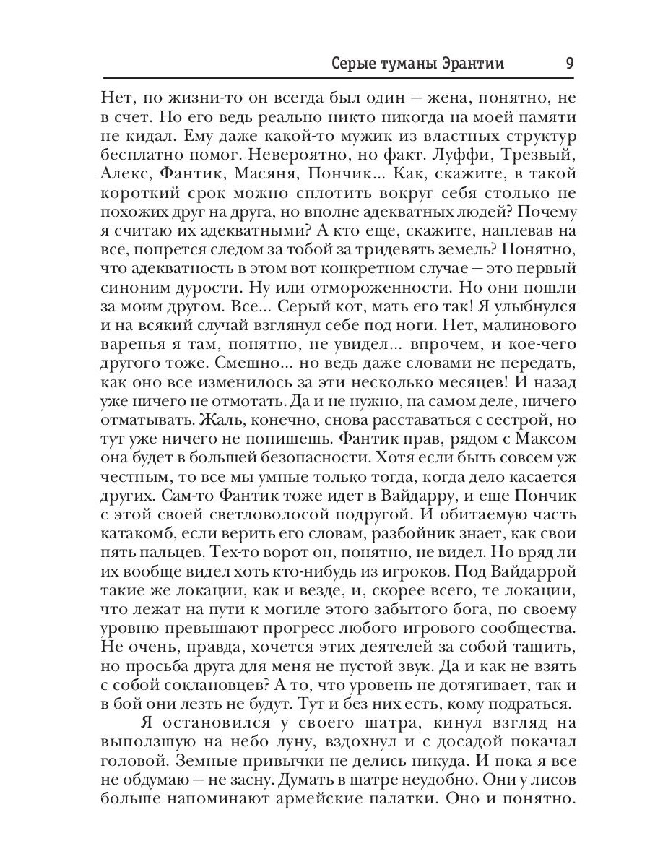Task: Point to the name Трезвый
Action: (x=537, y=156)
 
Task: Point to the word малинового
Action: (x=522, y=326)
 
